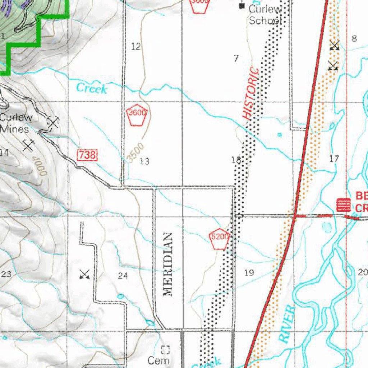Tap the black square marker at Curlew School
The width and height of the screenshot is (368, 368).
click(242, 6)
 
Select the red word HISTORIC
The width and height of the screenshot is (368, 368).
click(251, 93)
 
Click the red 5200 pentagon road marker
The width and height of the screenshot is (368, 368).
click(219, 238)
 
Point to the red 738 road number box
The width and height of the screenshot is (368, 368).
click(87, 155)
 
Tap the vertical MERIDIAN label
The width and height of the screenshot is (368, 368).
click(168, 264)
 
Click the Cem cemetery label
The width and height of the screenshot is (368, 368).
click(158, 360)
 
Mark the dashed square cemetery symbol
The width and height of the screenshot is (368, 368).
click(165, 349)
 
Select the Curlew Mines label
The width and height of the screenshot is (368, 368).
click(16, 123)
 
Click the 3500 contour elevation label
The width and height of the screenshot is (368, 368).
click(136, 152)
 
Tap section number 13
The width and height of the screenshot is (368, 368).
click(144, 161)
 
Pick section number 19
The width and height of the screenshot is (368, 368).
click(249, 272)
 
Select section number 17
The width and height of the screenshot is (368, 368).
click(334, 158)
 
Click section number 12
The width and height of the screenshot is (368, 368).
click(136, 46)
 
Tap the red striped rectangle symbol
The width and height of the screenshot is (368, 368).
click(344, 205)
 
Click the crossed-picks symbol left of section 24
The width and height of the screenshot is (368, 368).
click(84, 275)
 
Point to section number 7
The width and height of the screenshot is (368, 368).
click(236, 58)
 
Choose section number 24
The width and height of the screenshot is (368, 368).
click(123, 276)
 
